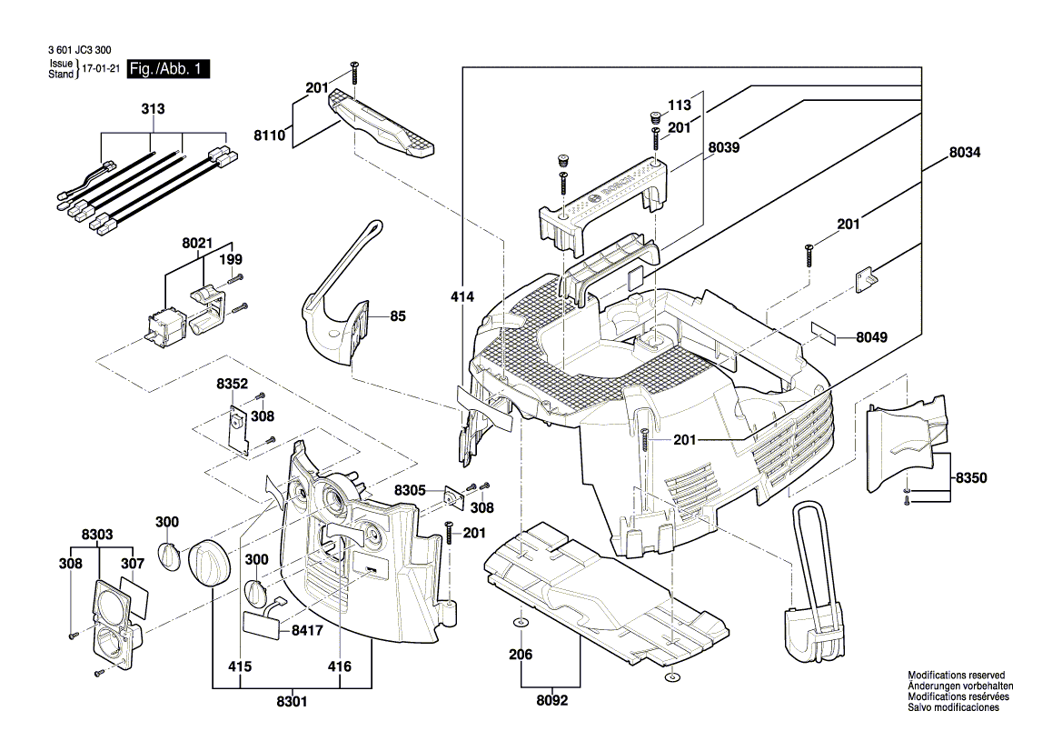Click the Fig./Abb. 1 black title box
point(168,69)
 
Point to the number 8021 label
point(196,244)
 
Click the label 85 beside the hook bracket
point(398,317)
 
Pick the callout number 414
point(462,296)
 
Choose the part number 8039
point(724,146)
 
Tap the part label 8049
point(871,337)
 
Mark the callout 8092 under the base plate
point(551,700)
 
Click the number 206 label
point(521,655)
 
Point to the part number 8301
point(292,701)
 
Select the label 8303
point(97,535)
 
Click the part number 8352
point(232,385)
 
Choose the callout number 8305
point(411,490)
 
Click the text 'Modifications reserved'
point(956,676)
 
